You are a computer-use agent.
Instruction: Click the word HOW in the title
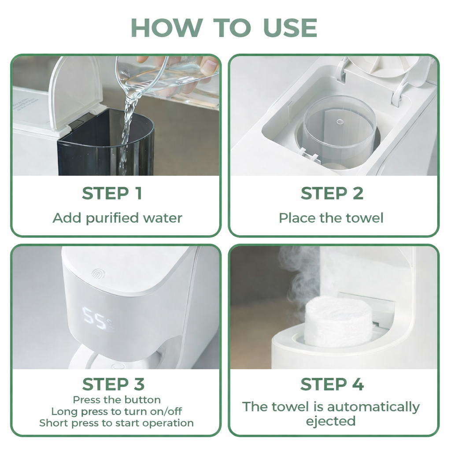click(x=167, y=28)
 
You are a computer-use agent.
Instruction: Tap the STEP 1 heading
click(x=112, y=193)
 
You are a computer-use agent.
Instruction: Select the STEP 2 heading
click(x=332, y=193)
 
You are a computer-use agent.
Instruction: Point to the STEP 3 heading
click(x=113, y=384)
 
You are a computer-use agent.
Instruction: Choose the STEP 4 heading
click(x=332, y=384)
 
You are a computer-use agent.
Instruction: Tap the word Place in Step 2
click(x=297, y=218)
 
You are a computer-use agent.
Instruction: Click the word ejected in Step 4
click(x=331, y=421)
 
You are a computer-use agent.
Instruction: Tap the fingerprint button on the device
click(x=98, y=274)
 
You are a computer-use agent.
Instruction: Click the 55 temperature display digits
click(x=95, y=318)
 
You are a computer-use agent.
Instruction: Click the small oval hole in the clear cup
click(x=340, y=122)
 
